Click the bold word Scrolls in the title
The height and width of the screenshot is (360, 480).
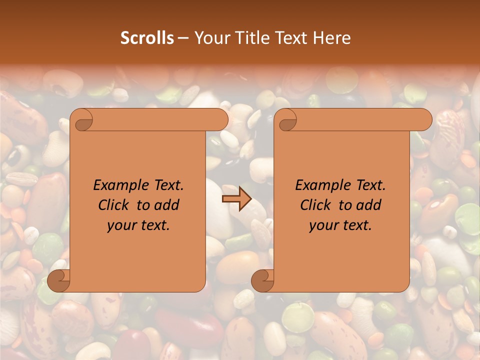pos(147,37)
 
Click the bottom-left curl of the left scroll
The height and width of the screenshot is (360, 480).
pos(58,280)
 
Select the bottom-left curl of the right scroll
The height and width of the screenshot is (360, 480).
pos(262,280)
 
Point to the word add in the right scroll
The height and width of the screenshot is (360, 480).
pos(369,205)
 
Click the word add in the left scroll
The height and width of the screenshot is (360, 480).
pos(167,205)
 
